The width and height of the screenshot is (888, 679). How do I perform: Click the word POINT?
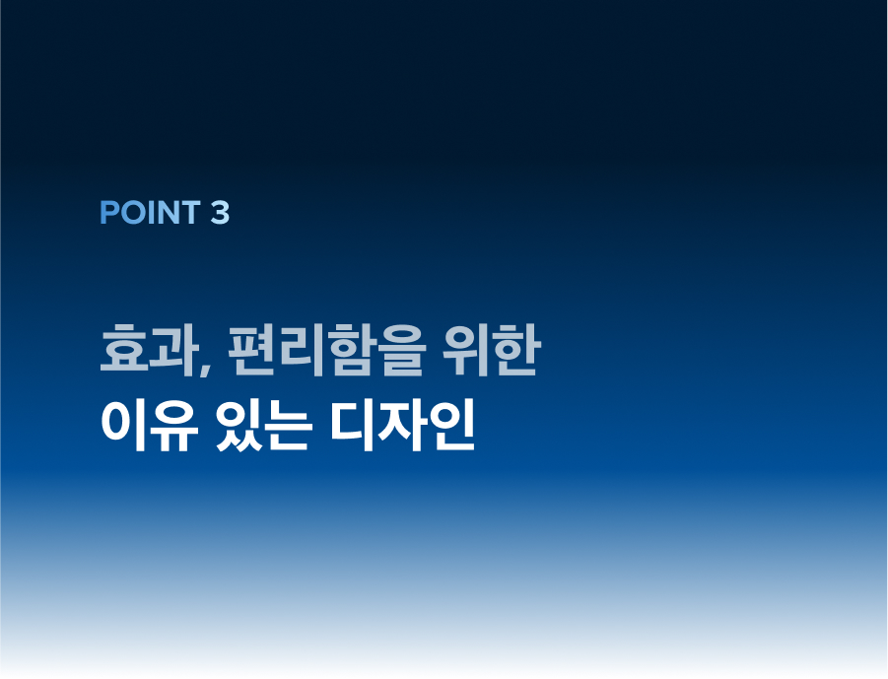pyautogui.click(x=150, y=213)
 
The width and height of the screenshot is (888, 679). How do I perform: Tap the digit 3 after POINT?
pyautogui.click(x=221, y=213)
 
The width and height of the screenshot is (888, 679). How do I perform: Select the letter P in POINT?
pyautogui.click(x=108, y=213)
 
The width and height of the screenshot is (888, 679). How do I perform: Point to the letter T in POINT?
pyautogui.click(x=190, y=213)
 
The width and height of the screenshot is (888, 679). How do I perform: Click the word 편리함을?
pyautogui.click(x=325, y=350)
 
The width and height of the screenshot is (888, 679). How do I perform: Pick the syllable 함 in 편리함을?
pyautogui.click(x=350, y=350)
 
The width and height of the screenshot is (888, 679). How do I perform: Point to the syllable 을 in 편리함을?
pyautogui.click(x=400, y=350)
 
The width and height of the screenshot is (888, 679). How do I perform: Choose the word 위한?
pyautogui.click(x=492, y=350)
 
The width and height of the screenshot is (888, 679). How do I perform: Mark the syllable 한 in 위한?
pyautogui.click(x=517, y=350)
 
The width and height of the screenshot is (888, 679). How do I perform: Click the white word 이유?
pyautogui.click(x=150, y=426)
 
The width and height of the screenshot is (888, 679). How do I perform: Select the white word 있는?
pyautogui.click(x=264, y=426)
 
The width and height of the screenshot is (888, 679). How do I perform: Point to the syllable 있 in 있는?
pyautogui.click(x=239, y=426)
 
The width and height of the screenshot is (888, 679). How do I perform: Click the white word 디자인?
pyautogui.click(x=402, y=426)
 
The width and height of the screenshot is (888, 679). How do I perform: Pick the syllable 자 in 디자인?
pyautogui.click(x=401, y=426)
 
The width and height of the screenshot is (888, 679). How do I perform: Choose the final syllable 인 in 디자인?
pyautogui.click(x=450, y=426)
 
